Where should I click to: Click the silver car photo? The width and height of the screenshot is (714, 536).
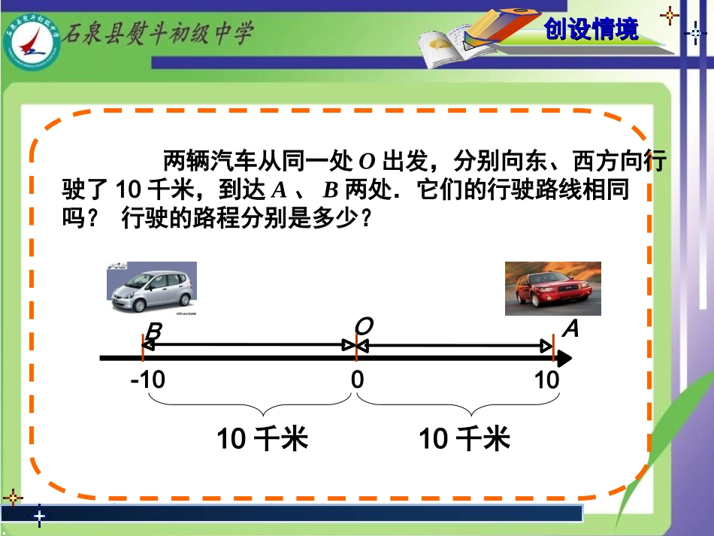[152, 287]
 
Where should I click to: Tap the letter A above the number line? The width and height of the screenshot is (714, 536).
[570, 329]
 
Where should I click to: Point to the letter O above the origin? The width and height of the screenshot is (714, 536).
[364, 326]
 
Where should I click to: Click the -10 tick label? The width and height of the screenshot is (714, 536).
[147, 380]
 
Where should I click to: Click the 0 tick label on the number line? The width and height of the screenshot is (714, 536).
[357, 380]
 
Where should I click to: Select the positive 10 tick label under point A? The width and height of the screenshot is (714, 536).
[547, 380]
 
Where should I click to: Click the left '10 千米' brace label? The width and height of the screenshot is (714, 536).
[262, 438]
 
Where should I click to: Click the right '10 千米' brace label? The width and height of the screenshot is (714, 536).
[464, 438]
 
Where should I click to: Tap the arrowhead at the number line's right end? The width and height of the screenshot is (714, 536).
[564, 359]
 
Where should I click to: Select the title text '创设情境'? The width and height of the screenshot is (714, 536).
[591, 29]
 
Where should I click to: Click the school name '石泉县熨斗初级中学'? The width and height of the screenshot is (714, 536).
[157, 33]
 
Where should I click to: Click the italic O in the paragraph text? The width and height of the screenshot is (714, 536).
[367, 161]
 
